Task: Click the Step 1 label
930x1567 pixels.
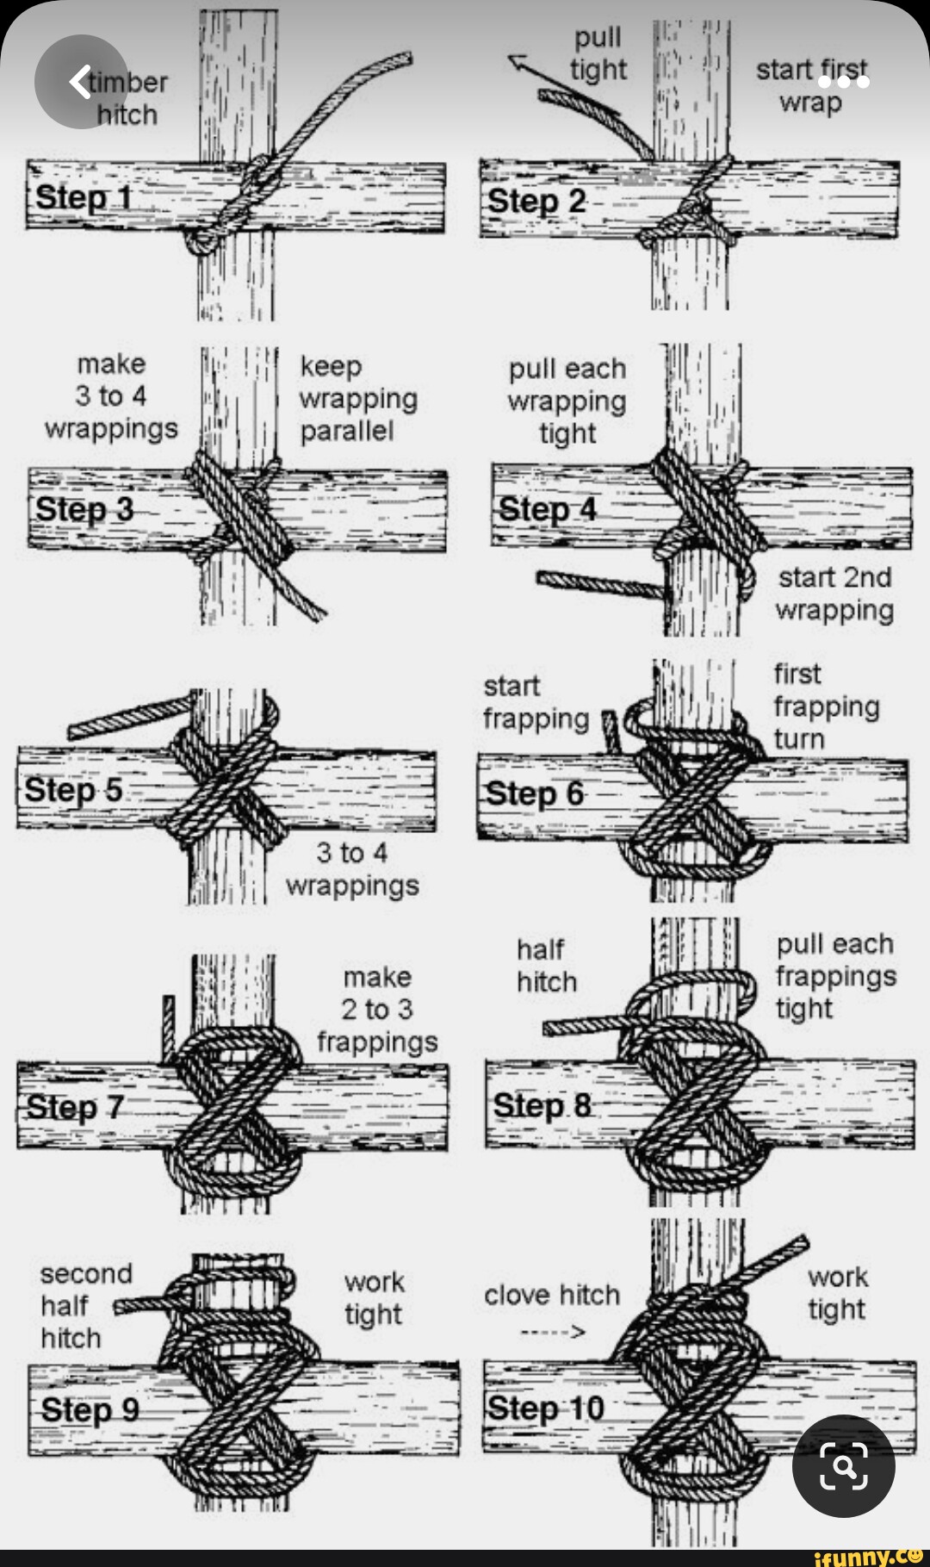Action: click(x=84, y=197)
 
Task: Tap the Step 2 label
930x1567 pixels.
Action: click(x=536, y=202)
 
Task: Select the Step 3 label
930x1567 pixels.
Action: click(x=84, y=509)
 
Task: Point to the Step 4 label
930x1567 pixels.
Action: click(x=548, y=509)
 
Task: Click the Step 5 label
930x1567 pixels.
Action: click(x=73, y=790)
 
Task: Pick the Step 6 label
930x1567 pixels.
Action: click(x=535, y=793)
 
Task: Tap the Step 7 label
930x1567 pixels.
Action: click(x=75, y=1107)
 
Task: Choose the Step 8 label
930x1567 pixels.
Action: click(x=542, y=1105)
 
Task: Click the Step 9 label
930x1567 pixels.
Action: click(x=90, y=1410)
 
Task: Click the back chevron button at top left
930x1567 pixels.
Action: click(x=80, y=82)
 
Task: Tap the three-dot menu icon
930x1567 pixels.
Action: click(x=844, y=82)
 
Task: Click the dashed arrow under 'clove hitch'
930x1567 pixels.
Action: click(x=553, y=1333)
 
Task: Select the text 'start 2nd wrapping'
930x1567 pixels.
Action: click(x=834, y=594)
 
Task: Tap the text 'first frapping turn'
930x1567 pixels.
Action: click(x=825, y=706)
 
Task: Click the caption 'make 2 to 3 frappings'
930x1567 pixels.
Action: click(x=377, y=1010)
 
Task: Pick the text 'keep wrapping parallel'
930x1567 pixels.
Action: click(x=358, y=398)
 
